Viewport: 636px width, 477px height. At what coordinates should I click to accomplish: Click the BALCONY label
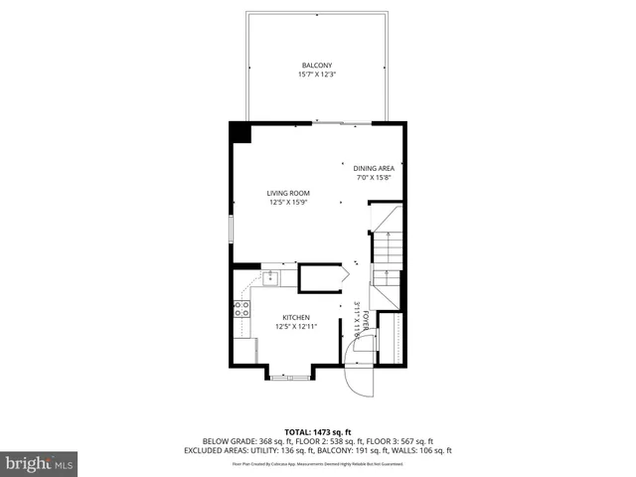(x=317, y=66)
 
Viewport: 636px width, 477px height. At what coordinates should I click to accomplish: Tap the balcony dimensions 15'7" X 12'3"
(x=317, y=75)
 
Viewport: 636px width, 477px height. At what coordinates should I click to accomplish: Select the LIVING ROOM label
(x=288, y=193)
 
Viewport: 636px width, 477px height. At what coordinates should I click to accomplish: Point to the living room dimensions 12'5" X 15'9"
(x=288, y=202)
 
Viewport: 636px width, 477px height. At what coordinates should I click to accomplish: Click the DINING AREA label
(x=375, y=168)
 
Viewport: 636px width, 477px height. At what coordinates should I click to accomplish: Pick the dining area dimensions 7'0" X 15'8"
(x=375, y=177)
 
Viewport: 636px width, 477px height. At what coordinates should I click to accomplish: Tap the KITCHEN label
(x=296, y=317)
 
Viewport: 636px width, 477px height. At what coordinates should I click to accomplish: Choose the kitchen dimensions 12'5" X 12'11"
(x=296, y=326)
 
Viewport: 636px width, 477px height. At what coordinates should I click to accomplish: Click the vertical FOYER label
(x=366, y=319)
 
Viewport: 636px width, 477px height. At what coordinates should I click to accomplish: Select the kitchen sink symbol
(x=269, y=277)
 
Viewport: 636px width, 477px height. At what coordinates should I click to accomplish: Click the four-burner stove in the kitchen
(x=240, y=310)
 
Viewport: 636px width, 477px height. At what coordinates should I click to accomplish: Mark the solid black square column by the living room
(x=239, y=131)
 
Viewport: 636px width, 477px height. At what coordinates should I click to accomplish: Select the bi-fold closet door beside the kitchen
(x=345, y=274)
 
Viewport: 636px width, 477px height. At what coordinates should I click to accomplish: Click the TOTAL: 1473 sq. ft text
(x=317, y=431)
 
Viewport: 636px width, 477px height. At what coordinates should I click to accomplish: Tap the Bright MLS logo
(x=39, y=463)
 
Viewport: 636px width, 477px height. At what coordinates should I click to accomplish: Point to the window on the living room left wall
(x=231, y=229)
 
